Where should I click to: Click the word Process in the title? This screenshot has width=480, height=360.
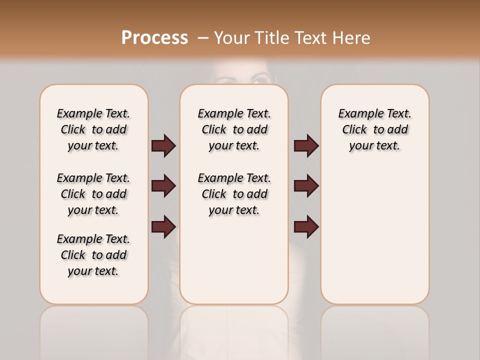coord(154,37)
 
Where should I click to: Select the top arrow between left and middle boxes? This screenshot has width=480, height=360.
coord(163,145)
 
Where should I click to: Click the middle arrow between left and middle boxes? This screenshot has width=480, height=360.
coord(163,186)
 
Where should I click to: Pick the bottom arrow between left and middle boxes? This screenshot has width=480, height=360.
coord(163,226)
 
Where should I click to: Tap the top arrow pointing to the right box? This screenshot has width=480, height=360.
coord(306,145)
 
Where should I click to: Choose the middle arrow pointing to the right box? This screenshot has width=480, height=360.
coord(306,186)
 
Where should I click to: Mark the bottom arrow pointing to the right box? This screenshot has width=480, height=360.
coord(306,226)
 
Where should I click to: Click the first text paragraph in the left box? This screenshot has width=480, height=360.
coord(93,129)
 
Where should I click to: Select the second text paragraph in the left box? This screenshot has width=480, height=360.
coord(93,194)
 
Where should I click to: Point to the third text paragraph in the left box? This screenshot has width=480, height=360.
coord(93,255)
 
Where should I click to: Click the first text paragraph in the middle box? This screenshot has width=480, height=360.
coord(234,129)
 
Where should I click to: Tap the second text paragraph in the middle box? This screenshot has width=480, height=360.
coord(234,194)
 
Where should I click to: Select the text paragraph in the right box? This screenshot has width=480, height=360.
coord(374,129)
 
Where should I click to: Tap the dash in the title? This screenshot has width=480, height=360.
coord(203,37)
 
